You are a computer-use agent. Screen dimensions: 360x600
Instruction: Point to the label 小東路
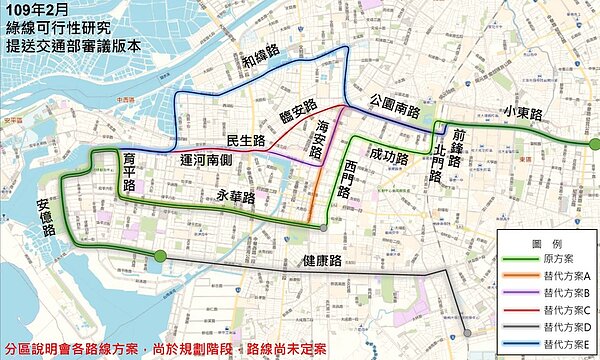(x=522, y=112)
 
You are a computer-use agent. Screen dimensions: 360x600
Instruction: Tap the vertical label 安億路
(x=44, y=217)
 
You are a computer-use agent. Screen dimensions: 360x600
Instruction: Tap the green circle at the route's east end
(x=594, y=145)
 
